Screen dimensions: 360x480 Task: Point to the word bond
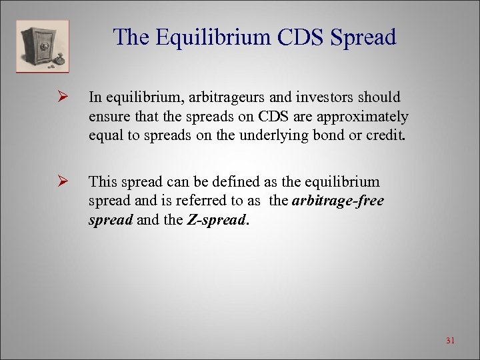[325, 135]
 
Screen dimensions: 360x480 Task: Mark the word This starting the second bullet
[102, 181]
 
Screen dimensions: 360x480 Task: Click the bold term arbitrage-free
[338, 200]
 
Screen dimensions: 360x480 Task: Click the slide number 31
[450, 341]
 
